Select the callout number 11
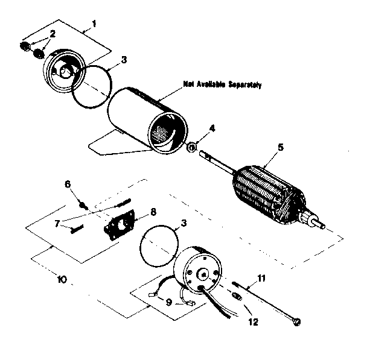pyautogui.click(x=261, y=278)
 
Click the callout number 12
pyautogui.click(x=253, y=321)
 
